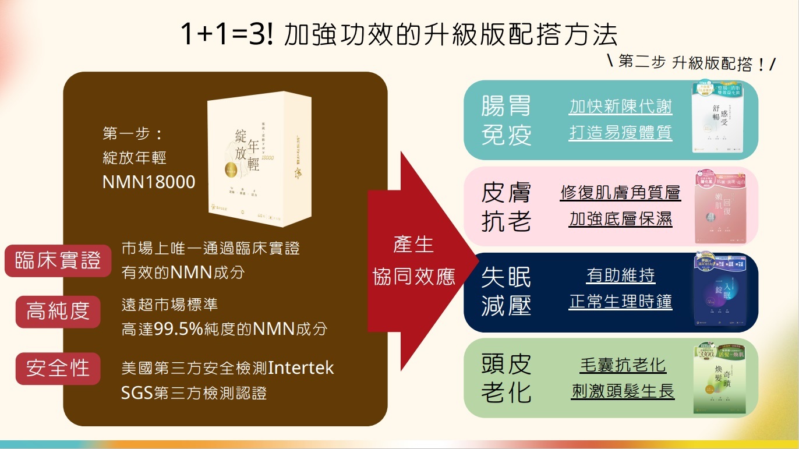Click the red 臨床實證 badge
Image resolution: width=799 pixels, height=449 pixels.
pyautogui.click(x=58, y=261)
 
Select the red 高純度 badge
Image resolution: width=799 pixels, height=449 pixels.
pyautogui.click(x=58, y=312)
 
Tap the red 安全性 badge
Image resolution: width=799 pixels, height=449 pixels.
pyautogui.click(x=58, y=368)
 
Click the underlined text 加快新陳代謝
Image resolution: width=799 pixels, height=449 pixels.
pyautogui.click(x=620, y=107)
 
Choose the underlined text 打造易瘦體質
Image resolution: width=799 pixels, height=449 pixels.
pyautogui.click(x=620, y=133)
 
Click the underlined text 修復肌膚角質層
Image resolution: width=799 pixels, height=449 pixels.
pyautogui.click(x=620, y=193)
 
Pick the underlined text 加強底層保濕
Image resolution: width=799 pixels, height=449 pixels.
pyautogui.click(x=620, y=219)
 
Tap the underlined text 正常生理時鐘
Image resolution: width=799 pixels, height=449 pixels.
pyautogui.click(x=620, y=302)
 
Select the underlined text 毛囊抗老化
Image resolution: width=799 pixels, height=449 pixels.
pyautogui.click(x=623, y=365)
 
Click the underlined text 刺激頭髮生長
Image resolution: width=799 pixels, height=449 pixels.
pyautogui.click(x=623, y=391)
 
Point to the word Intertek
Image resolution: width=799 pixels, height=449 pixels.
pyautogui.click(x=300, y=368)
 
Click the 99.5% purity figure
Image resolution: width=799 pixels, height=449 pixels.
pyautogui.click(x=178, y=329)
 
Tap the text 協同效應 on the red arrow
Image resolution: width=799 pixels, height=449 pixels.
pyautogui.click(x=413, y=277)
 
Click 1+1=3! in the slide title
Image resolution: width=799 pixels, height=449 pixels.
pyautogui.click(x=226, y=35)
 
